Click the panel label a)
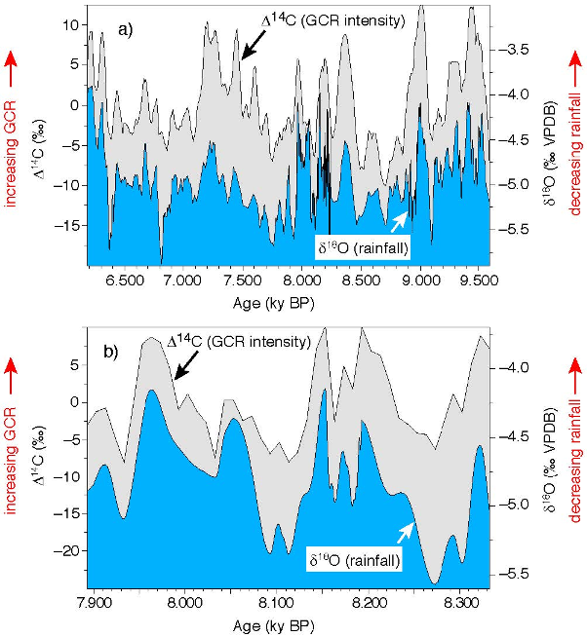126,28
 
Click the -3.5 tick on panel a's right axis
517,48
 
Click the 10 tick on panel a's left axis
68,24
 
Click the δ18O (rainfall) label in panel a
361,249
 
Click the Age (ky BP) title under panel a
275,303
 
